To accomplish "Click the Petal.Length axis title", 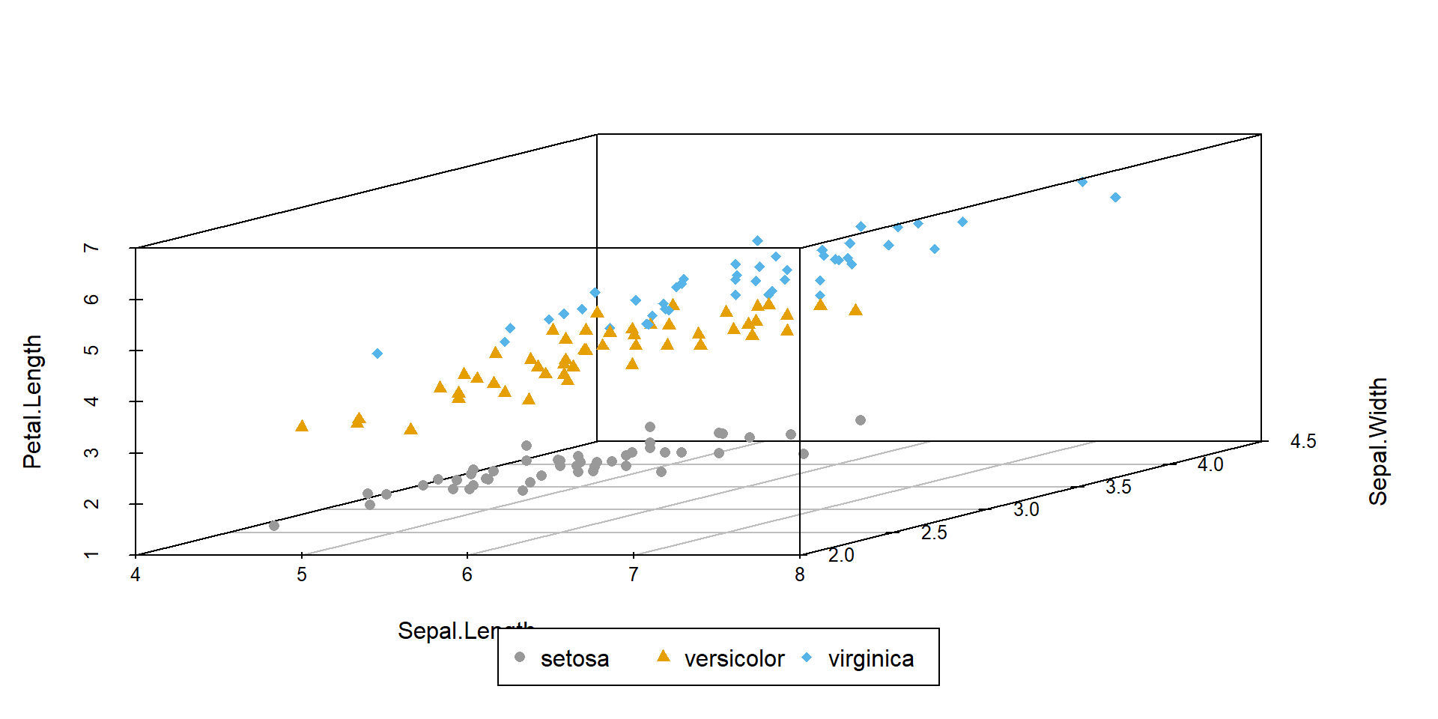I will point(32,401).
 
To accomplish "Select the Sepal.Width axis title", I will point(1378,441).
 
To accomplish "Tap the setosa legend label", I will point(574,659).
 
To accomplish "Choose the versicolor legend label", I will point(734,659).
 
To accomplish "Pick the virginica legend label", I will point(871,659).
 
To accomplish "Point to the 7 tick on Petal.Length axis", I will point(91,248).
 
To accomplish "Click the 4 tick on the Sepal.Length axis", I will point(136,575).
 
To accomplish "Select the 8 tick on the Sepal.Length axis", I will point(800,575).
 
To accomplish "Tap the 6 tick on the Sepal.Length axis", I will point(467,575).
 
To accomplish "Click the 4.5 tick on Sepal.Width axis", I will point(1302,442).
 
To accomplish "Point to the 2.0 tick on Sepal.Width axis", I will point(841,555).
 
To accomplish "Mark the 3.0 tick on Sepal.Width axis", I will point(1026,510).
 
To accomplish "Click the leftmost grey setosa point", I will point(274,526).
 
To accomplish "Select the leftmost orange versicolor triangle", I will point(302,426).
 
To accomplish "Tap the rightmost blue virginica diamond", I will point(1115,198).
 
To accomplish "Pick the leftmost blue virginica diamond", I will point(377,354).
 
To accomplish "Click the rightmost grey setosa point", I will point(861,420).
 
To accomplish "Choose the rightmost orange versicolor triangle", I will point(855,310).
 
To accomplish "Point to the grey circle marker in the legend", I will point(520,658).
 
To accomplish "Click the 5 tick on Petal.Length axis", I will point(91,351).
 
